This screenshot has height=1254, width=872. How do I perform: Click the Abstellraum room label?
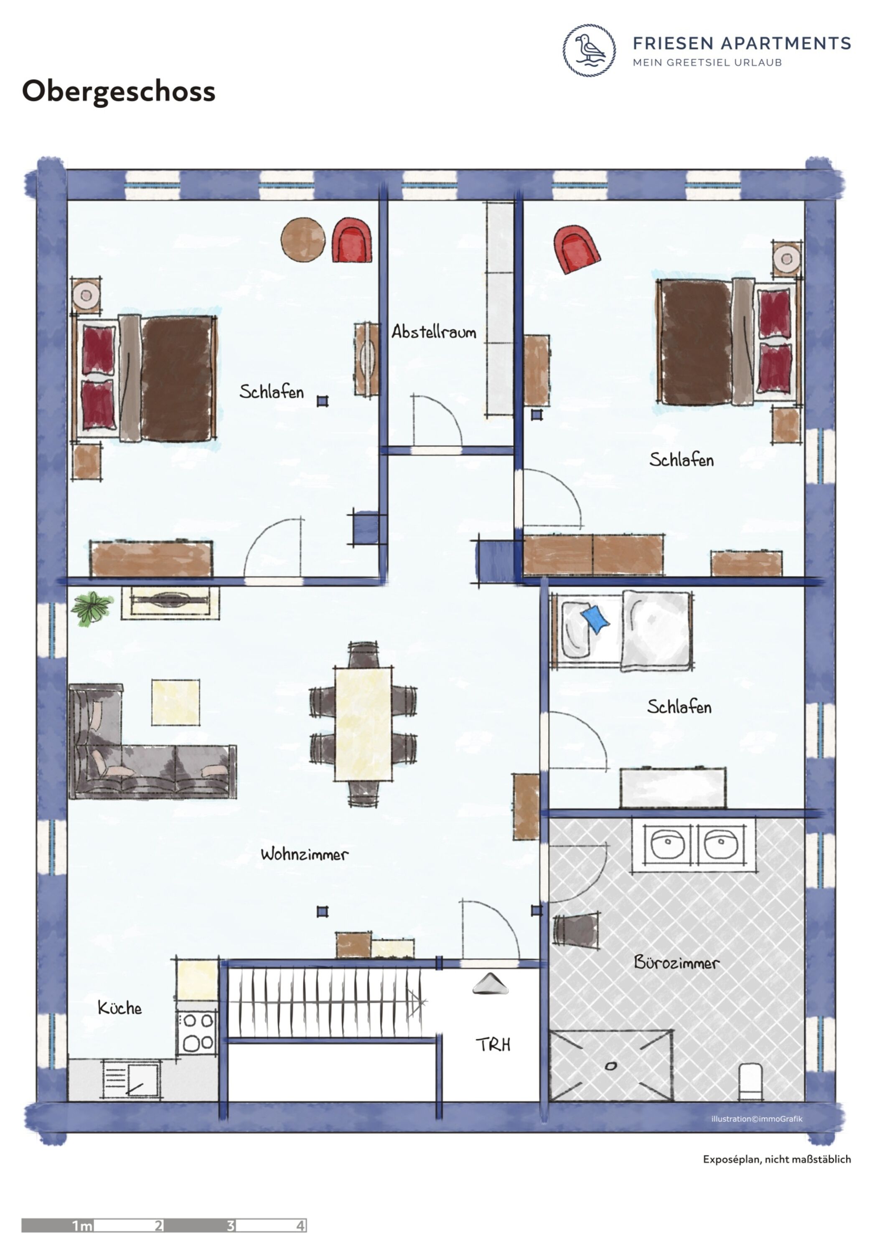click(x=434, y=331)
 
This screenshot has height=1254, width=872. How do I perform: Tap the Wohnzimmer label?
click(x=304, y=854)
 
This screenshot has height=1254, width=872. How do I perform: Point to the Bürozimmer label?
click(x=676, y=962)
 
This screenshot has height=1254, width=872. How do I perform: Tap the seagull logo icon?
click(x=589, y=50)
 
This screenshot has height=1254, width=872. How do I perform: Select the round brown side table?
click(x=303, y=239)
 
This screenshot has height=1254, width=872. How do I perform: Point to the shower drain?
click(x=611, y=1065)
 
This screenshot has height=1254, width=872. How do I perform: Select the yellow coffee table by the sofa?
click(x=175, y=702)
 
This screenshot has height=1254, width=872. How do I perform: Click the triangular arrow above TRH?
click(x=490, y=983)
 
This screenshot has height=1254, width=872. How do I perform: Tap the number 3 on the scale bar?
click(x=231, y=1225)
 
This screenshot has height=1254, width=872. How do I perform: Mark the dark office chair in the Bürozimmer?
click(x=576, y=930)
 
